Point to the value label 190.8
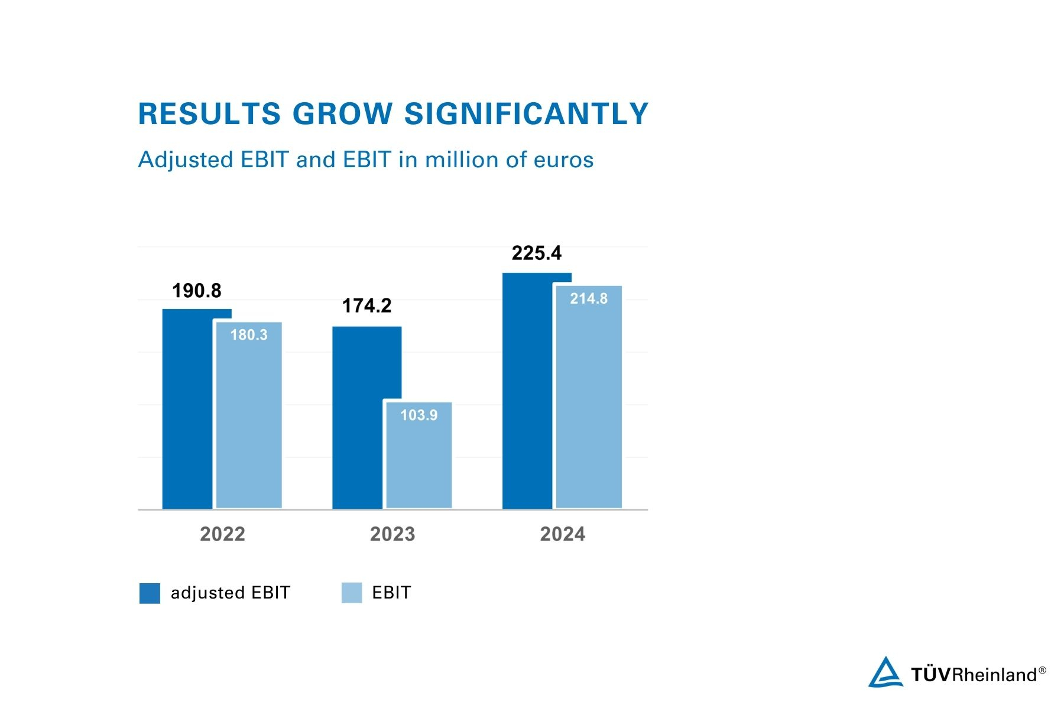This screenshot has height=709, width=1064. [x=197, y=291]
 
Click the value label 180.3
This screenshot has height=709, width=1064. [x=249, y=335]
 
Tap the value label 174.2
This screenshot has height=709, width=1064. [x=367, y=305]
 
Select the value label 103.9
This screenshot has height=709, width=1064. [x=419, y=415]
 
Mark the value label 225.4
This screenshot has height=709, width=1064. [x=537, y=253]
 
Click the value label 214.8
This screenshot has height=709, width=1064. [x=589, y=298]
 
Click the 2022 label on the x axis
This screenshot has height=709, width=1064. [x=222, y=534]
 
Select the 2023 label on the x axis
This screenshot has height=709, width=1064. [x=392, y=534]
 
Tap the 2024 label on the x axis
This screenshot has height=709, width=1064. [x=563, y=534]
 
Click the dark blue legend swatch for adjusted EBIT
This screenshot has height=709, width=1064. [x=150, y=593]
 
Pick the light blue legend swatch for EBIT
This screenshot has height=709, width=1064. [x=352, y=593]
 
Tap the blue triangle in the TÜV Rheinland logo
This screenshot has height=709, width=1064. [x=885, y=673]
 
